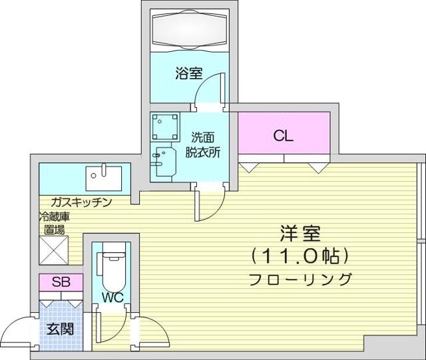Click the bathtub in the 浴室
[189, 30]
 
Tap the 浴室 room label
[189, 73]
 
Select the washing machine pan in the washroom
[165, 127]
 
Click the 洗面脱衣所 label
[202, 145]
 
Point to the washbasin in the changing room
[164, 162]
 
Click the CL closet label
[284, 136]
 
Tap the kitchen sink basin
[104, 178]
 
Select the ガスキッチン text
[81, 202]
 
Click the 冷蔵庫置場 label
[55, 223]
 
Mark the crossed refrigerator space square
[54, 250]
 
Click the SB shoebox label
[61, 282]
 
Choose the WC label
[112, 297]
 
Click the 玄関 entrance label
[61, 329]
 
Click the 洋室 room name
[300, 234]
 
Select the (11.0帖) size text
[300, 256]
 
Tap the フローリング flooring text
[300, 279]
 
